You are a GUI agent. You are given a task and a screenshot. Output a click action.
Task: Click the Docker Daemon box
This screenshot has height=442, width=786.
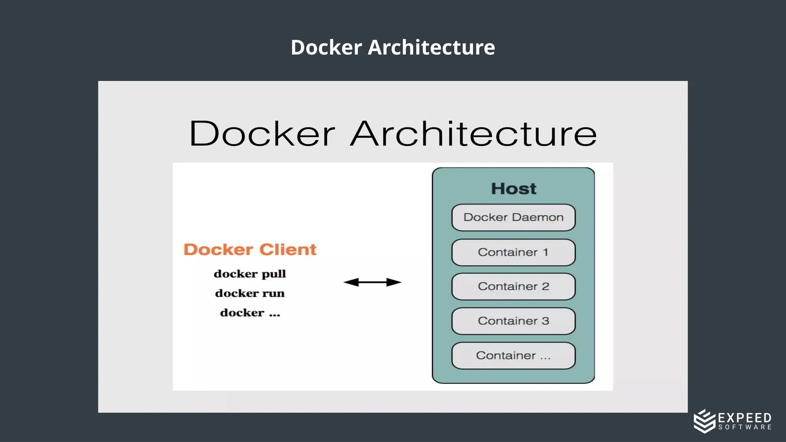coord(513,218)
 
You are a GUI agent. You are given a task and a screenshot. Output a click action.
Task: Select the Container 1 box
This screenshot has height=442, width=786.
coord(513,252)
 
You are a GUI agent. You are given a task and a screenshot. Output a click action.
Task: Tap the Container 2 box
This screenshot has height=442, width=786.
coord(513,287)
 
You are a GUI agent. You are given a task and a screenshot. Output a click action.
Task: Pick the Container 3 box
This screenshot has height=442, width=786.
coord(513,321)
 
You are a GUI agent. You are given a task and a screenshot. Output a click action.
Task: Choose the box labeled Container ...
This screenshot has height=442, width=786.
coord(513,356)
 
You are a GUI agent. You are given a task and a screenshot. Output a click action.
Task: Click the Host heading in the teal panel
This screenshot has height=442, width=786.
coord(514,189)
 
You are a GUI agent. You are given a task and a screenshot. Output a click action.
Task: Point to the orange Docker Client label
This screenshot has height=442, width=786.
coord(250,250)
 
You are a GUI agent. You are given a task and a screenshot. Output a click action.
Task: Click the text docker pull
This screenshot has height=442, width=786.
coord(250,274)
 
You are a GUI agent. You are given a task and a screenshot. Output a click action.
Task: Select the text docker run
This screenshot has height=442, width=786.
coord(250,294)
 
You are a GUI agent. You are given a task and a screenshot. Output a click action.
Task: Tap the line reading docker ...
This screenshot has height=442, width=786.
coord(250,313)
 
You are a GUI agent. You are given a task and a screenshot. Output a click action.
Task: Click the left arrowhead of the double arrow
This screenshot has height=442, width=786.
coord(350,282)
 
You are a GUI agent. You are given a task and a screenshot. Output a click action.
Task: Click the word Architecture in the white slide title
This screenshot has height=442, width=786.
coord(431,48)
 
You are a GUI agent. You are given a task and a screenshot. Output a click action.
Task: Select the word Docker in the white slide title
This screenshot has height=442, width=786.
coord(326,48)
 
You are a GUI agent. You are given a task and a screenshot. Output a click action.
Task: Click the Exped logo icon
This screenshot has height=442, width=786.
coord(704,421)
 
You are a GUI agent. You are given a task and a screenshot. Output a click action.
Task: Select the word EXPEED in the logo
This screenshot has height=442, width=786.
coord(745,418)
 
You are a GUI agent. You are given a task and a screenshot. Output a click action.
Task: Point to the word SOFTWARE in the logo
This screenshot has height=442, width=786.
coord(745,427)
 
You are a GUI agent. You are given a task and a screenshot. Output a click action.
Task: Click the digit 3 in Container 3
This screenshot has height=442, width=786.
coord(545,321)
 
